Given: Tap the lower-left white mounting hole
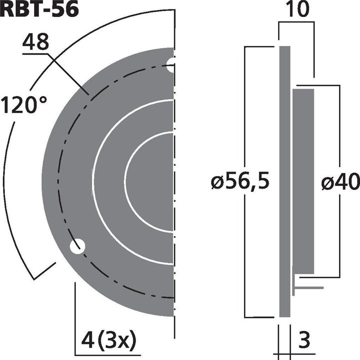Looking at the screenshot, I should point(77,246).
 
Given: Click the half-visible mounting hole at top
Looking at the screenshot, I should point(171,65).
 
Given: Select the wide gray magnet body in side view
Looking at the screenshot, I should point(303,180).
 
